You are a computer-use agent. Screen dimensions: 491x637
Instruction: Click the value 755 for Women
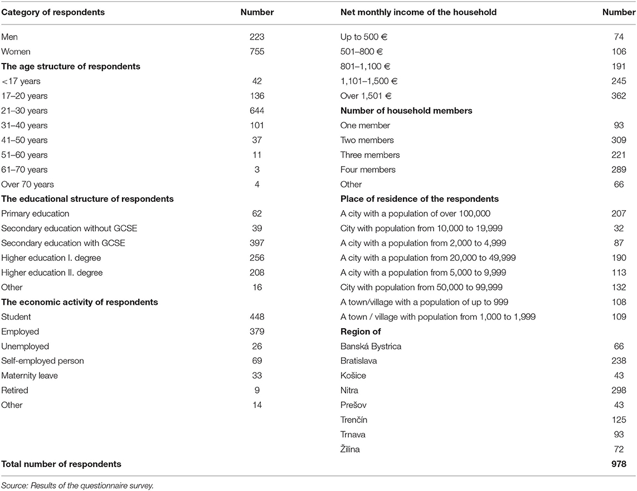(257, 52)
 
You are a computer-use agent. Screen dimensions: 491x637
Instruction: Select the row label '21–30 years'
(25, 110)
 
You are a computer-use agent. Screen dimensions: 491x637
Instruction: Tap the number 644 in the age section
(257, 110)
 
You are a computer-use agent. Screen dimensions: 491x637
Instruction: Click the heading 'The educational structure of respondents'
(87, 199)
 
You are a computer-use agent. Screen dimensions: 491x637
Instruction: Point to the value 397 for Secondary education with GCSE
(257, 243)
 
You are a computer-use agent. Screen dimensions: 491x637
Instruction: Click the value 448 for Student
(257, 317)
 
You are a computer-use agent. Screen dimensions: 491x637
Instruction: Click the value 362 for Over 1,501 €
(619, 96)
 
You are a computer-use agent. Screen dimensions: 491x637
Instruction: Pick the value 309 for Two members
(619, 140)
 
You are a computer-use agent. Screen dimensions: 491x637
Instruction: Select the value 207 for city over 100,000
(619, 213)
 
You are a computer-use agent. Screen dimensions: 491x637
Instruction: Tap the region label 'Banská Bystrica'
(371, 346)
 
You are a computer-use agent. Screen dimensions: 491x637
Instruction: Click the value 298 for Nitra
(619, 390)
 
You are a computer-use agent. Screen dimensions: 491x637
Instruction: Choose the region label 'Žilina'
(350, 449)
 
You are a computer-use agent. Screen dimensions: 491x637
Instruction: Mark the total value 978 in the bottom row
(618, 464)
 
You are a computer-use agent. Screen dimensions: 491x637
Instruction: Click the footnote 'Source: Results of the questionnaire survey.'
(77, 485)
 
